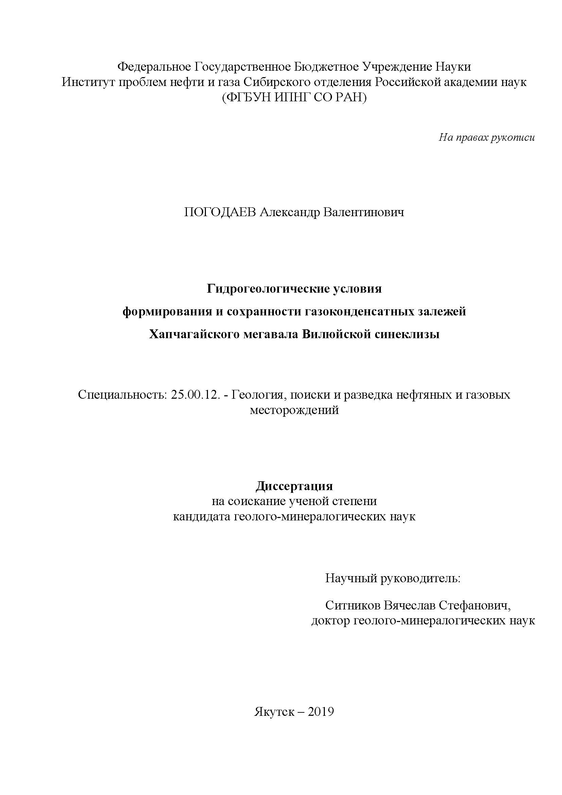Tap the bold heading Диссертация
click(294, 486)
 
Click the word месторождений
click(294, 410)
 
